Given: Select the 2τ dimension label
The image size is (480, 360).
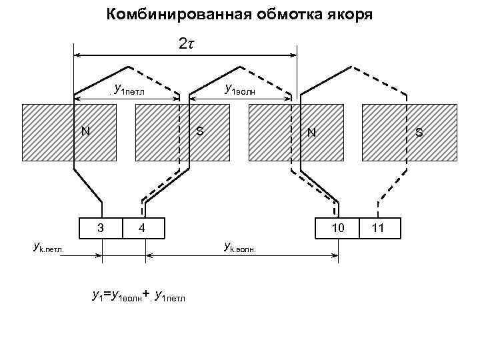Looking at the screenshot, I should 186,44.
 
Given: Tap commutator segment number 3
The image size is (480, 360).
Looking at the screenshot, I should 100,227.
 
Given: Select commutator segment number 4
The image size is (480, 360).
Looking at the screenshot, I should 142,227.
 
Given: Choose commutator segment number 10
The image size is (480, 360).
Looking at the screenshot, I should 338,227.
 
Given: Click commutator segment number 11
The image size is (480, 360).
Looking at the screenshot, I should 378,227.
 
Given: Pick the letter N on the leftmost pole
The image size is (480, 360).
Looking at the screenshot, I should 85,131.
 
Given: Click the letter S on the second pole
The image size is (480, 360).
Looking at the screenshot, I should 199,131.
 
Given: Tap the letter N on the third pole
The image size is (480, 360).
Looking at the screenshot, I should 311,132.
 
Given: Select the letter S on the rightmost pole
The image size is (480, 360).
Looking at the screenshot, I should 419,132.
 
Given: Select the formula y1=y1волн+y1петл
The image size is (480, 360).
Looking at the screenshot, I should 139,294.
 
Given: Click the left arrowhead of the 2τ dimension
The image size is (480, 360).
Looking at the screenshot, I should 77,54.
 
